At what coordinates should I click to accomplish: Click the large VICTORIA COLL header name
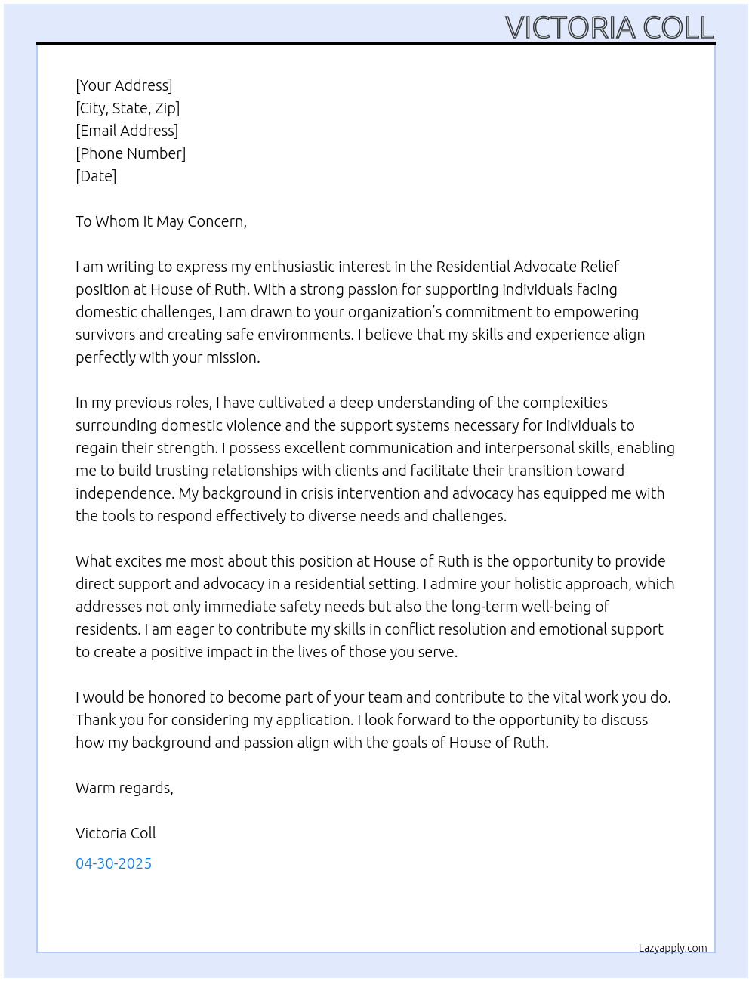[x=609, y=27]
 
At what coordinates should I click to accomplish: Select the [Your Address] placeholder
[x=124, y=85]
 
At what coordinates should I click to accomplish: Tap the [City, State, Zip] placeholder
[x=128, y=108]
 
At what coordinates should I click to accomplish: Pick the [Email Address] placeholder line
[x=127, y=131]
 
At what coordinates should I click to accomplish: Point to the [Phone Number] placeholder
[x=131, y=153]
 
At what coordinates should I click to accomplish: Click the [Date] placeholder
[x=96, y=176]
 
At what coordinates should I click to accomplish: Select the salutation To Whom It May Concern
[x=161, y=221]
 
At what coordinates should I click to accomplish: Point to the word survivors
[x=106, y=335]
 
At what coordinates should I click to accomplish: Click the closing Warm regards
[x=125, y=788]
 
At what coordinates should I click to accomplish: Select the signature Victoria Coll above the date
[x=116, y=833]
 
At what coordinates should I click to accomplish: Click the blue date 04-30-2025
[x=113, y=863]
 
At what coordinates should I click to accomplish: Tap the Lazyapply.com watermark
[x=673, y=948]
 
